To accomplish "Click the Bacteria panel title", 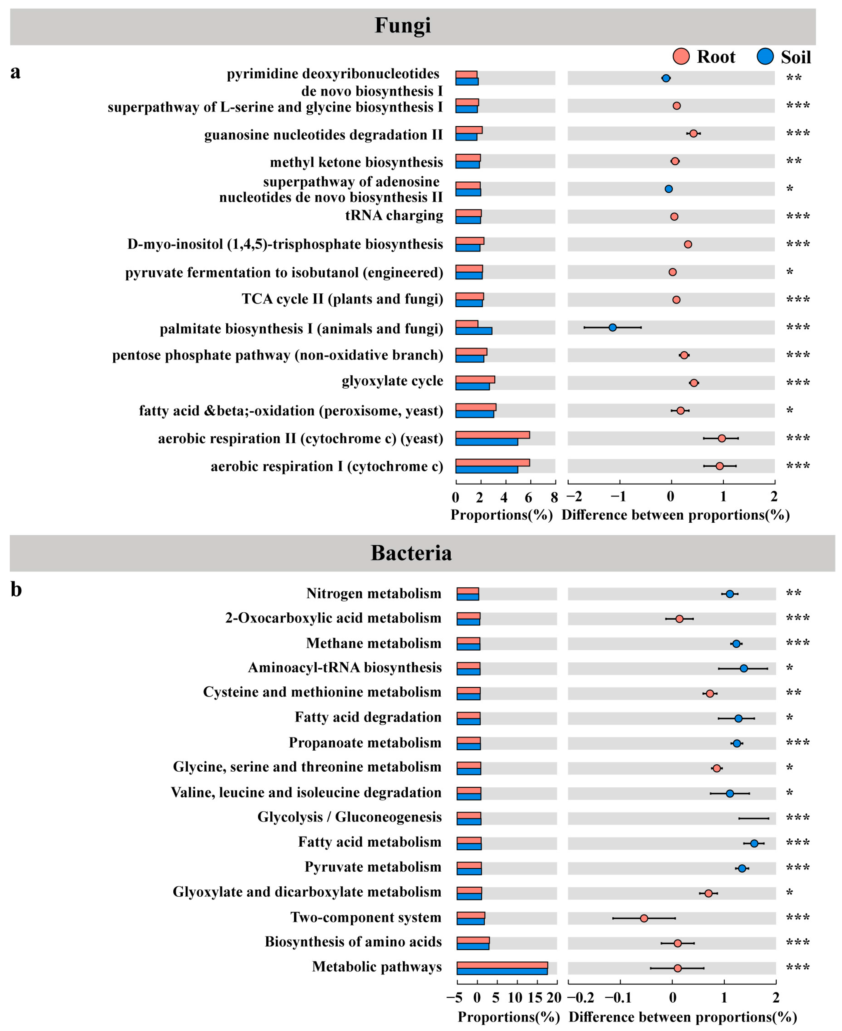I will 411,553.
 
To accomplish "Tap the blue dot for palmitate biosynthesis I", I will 612,327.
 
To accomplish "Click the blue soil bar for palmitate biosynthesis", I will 473,331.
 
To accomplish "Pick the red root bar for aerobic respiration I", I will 492,463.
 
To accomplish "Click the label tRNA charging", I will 394,215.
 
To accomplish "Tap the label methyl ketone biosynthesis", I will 356,162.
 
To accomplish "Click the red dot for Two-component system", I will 644,918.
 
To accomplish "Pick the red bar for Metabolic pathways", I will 502,965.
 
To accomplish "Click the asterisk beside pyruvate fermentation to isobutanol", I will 790,272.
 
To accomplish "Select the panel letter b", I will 16,590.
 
